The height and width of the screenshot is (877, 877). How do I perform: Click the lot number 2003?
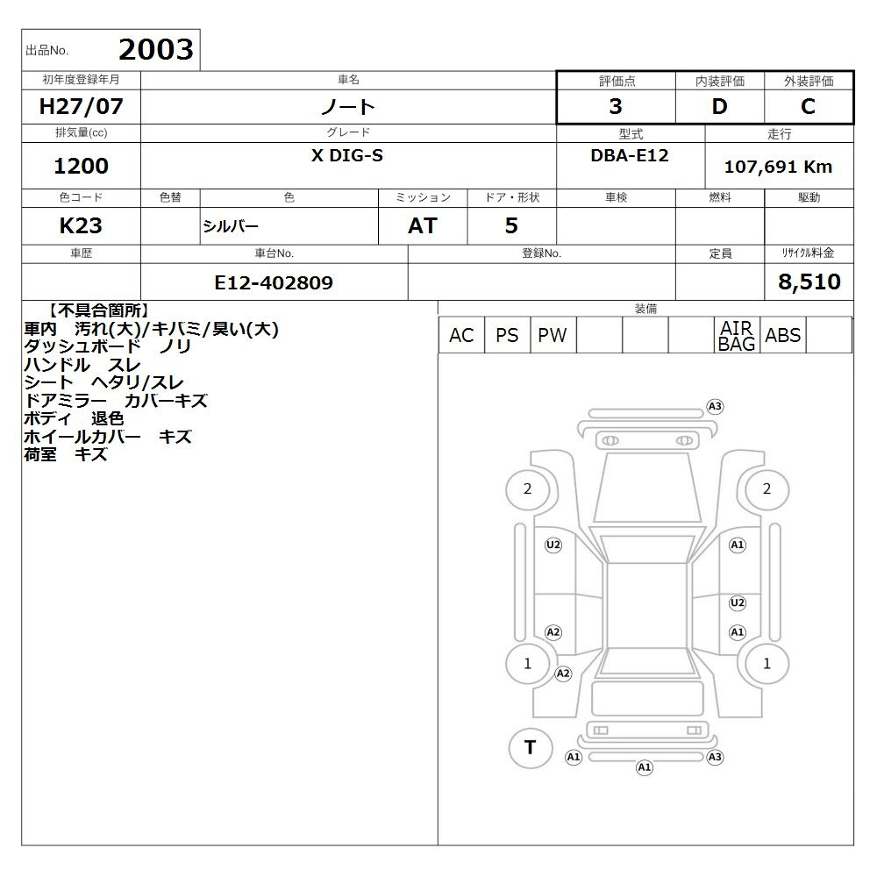pos(156,49)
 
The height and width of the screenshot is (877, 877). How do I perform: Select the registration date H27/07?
pos(81,106)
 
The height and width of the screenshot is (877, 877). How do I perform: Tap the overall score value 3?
pos(616,106)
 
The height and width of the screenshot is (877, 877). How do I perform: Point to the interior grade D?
pos(719,106)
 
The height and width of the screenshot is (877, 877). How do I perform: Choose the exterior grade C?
pos(808,106)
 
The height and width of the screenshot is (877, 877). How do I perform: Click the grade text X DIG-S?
pos(347,155)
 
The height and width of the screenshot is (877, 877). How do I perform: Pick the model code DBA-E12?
pos(630,155)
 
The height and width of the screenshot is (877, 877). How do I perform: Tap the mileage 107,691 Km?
pos(778,167)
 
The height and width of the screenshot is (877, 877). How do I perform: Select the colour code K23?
pos(81,226)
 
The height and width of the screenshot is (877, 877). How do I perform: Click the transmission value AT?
pos(423,226)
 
